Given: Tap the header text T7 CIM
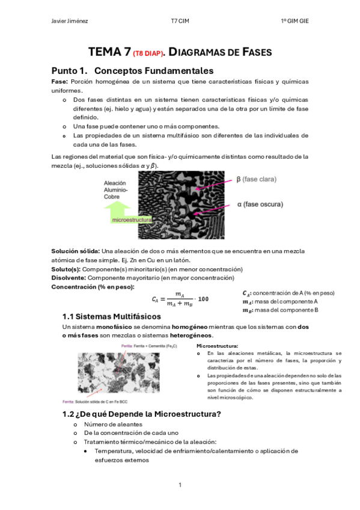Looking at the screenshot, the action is (x=180, y=21).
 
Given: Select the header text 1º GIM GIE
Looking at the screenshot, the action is (x=294, y=21).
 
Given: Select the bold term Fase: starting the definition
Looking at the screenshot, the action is (x=59, y=81).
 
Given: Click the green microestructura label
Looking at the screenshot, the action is (x=132, y=221).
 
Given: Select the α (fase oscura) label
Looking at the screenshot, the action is (x=260, y=204).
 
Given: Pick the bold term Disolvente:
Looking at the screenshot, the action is (x=69, y=278).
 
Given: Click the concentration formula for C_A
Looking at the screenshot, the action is (x=180, y=299).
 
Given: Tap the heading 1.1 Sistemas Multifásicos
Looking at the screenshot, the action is (x=112, y=316).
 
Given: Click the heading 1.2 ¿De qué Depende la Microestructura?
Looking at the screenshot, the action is (x=142, y=413).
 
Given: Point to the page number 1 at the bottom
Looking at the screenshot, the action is (x=180, y=484).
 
